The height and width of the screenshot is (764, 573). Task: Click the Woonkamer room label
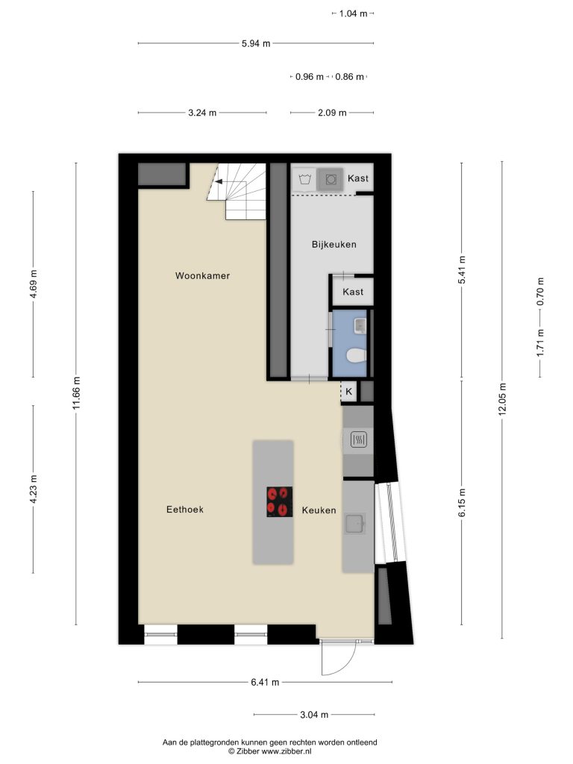[x=202, y=276]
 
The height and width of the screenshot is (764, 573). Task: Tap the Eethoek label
[x=185, y=510]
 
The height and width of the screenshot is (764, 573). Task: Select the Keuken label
[x=319, y=510]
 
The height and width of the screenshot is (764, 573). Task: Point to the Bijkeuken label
[x=334, y=245]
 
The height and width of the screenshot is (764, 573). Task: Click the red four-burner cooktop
[x=280, y=502]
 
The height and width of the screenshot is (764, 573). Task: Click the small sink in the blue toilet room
[x=360, y=325]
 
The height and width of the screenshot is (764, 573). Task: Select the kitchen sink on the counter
[x=354, y=524]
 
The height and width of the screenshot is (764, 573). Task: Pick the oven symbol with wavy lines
[x=359, y=439]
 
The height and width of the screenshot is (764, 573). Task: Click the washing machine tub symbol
[x=305, y=179]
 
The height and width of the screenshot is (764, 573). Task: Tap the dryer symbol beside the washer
[x=331, y=179]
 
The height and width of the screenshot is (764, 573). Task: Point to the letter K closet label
[x=349, y=391]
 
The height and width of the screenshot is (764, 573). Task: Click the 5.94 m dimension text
[x=256, y=43]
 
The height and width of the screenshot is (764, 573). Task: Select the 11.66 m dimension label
[x=76, y=394]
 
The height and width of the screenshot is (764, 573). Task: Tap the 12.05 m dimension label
[x=502, y=399]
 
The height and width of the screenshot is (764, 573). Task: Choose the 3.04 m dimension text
[x=314, y=715]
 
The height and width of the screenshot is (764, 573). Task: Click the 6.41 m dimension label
[x=265, y=682]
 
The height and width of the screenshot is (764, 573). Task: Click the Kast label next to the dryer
[x=357, y=178]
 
